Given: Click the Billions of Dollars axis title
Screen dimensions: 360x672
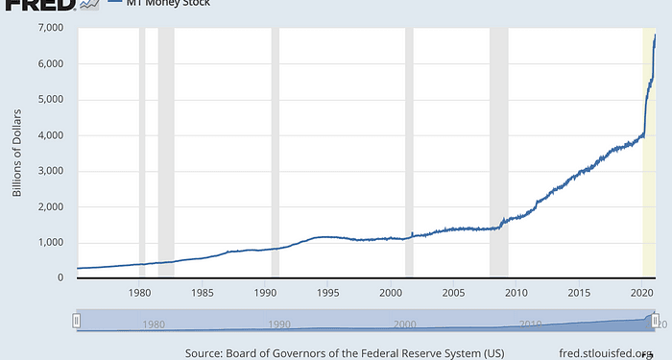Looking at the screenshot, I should point(17,154).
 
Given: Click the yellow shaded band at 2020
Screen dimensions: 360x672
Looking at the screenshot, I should point(648,154).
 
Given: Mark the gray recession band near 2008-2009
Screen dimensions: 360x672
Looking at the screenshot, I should point(498,154).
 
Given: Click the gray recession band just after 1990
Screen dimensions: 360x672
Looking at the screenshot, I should point(276,154).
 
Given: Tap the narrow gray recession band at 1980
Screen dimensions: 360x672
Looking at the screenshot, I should point(142,154).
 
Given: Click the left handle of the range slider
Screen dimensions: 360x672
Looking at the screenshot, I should point(77,321).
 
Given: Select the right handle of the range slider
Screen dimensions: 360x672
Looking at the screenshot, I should point(655,321).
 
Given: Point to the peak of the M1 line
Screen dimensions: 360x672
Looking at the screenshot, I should point(655,36).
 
